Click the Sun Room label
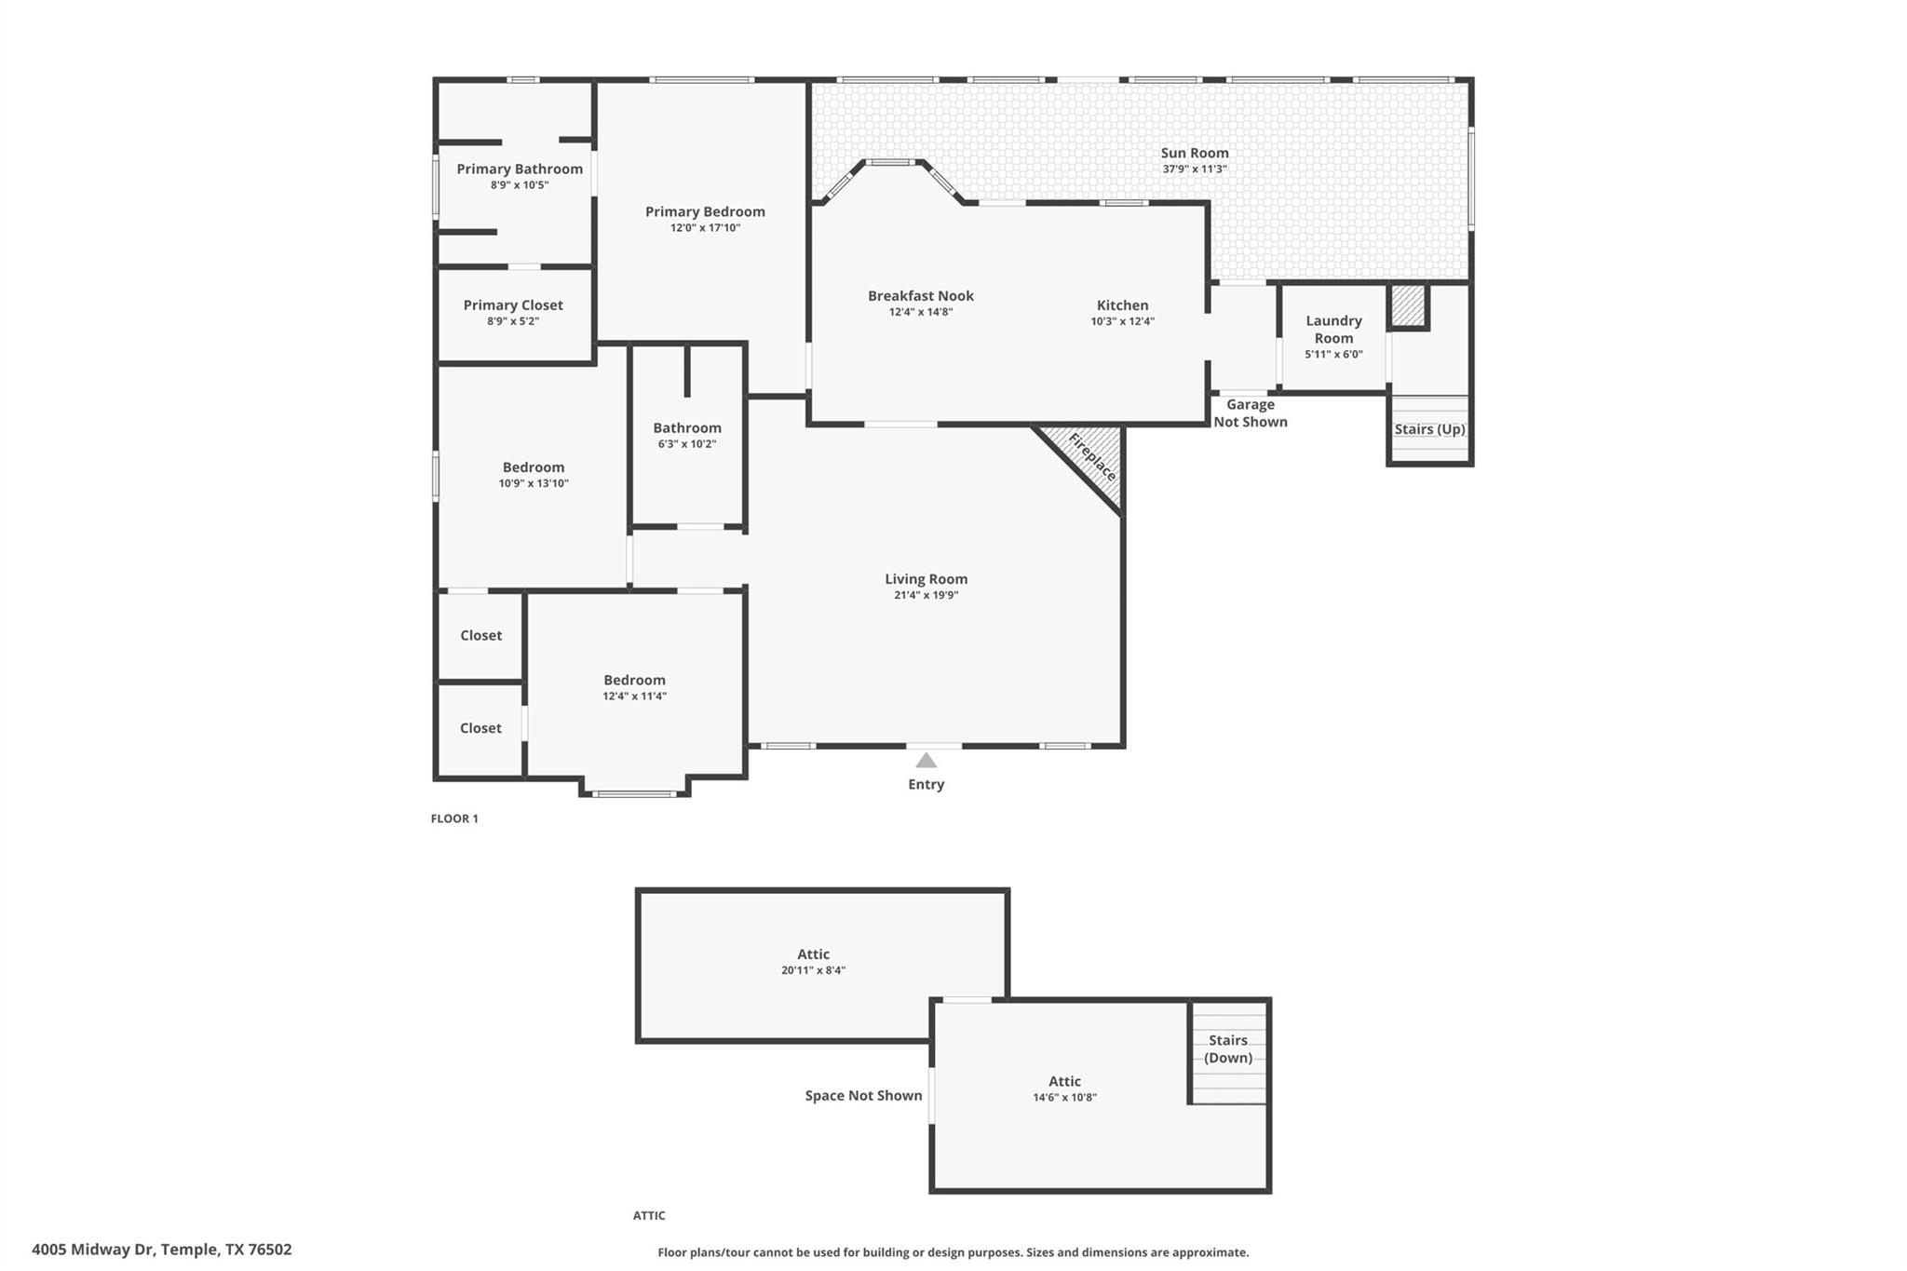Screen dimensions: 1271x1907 pos(1194,153)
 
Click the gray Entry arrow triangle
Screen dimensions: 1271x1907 pos(926,761)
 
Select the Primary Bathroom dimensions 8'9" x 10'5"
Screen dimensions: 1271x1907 pos(520,185)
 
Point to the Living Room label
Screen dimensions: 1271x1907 pos(926,579)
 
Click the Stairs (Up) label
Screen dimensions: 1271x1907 pos(1429,429)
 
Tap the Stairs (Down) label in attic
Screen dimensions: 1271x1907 pos(1227,1048)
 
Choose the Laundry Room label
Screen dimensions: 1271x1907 pos(1333,329)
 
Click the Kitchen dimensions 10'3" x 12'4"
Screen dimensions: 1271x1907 pos(1122,322)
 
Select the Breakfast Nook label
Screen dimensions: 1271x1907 pos(920,296)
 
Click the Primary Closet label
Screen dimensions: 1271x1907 pos(513,305)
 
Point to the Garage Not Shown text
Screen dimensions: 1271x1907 pos(1250,412)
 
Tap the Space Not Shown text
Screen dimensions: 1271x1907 pos(863,1096)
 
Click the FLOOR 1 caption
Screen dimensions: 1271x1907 pos(454,818)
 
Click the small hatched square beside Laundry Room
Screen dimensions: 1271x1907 pos(1408,305)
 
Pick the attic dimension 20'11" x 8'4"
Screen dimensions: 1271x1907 pos(813,970)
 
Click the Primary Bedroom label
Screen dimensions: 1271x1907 pos(705,212)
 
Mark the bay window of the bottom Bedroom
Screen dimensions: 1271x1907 pos(634,793)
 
